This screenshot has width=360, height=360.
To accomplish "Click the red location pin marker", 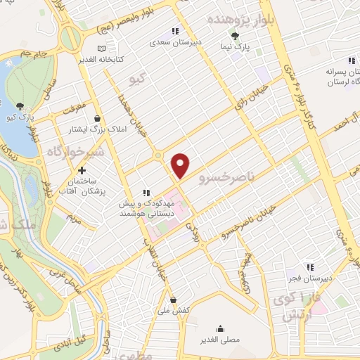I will [181, 165].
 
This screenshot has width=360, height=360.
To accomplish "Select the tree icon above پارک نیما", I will [235, 37].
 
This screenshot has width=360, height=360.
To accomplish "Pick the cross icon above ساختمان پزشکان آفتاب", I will [83, 170].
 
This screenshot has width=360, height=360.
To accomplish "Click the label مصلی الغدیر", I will [221, 339].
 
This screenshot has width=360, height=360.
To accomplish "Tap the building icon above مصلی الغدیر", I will [221, 328].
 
